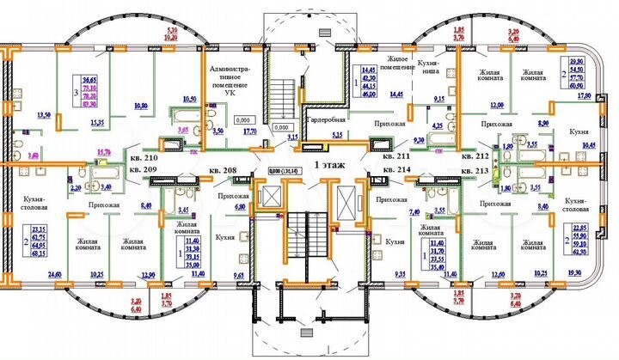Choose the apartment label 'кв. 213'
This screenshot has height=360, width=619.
pyautogui.click(x=475, y=172)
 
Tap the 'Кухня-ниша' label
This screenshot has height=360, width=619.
pyautogui.click(x=431, y=69)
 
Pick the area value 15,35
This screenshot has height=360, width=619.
pyautogui.click(x=97, y=124)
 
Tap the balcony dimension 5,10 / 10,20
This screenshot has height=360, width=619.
pyautogui.click(x=171, y=34)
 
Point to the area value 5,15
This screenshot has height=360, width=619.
pyautogui.click(x=337, y=135)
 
